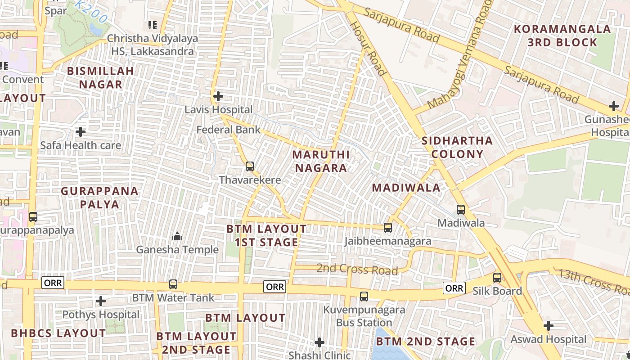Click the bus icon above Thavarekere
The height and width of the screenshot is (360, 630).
coord(250,166)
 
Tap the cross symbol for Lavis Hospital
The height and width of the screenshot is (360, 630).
coord(218,96)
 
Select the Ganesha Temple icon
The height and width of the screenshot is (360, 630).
coord(177,236)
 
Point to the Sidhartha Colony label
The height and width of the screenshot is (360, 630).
coord(458,147)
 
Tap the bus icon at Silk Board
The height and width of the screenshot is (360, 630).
coord(497,278)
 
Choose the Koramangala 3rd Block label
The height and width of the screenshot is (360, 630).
coord(562,36)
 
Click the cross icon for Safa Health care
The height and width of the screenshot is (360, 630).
coord(81,132)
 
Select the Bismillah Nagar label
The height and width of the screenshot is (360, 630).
coord(101,77)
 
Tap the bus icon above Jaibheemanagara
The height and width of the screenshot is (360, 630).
coord(388,228)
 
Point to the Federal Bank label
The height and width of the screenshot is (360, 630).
coord(229,130)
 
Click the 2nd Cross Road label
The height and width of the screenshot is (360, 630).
coord(357,270)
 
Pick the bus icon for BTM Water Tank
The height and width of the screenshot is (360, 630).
coord(173,284)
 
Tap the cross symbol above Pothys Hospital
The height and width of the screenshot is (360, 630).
coord(101,301)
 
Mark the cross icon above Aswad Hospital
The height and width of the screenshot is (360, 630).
coord(548,325)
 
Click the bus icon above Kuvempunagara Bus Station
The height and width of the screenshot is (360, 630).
coord(364,297)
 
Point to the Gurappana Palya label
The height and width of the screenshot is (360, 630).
coord(99,198)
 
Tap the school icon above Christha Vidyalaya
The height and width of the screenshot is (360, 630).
coord(153,25)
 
